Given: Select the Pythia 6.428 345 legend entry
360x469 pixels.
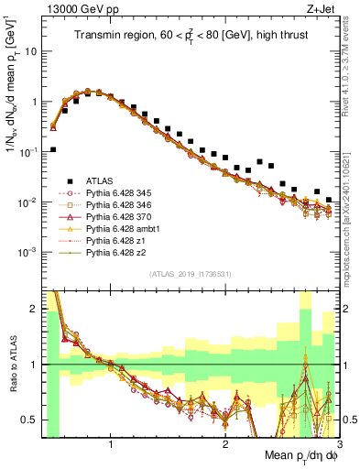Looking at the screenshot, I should (117, 193).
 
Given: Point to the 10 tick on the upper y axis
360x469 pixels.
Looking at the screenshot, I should (30, 51).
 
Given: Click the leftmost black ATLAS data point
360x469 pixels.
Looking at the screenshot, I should (53, 149).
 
